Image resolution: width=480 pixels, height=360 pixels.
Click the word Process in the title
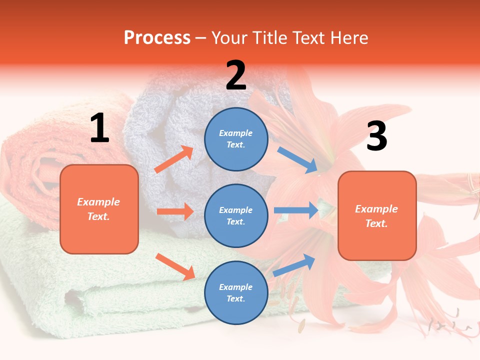tap(157, 37)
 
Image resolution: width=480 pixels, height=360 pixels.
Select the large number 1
tap(99, 128)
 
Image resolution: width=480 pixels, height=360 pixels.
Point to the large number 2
tap(236, 75)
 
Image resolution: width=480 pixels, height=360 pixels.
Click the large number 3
tap(376, 136)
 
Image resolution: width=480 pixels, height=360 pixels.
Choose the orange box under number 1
tap(99, 209)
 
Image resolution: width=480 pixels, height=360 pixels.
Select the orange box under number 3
tap(377, 216)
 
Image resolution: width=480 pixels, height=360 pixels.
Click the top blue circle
tap(236, 139)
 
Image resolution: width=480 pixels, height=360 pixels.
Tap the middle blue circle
tap(236, 215)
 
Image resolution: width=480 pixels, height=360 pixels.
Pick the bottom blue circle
tap(236, 292)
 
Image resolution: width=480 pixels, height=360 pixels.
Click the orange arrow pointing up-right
tap(174, 159)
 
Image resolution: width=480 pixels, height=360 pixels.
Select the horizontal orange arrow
tap(175, 211)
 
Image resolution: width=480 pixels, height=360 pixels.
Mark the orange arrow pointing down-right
tap(175, 266)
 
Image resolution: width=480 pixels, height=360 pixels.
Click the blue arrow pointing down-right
tap(297, 160)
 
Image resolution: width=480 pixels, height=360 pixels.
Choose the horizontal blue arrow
tap(296, 210)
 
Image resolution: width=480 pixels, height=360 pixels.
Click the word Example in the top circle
tap(236, 133)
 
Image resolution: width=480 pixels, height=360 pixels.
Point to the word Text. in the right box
tap(376, 223)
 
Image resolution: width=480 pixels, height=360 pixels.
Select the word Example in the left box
tap(98, 202)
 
